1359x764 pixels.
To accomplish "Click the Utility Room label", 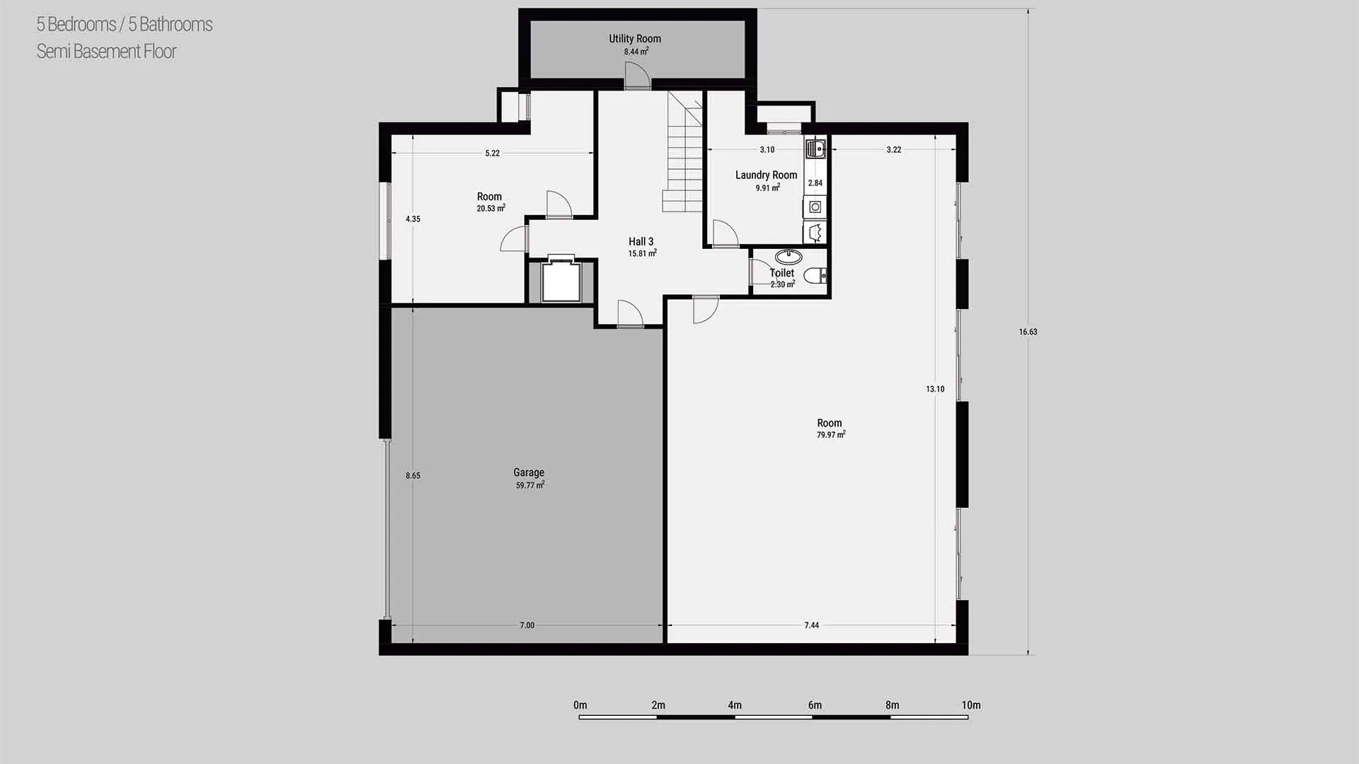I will click(635, 39).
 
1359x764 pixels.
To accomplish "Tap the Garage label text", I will click(529, 473).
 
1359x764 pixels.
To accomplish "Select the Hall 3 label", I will click(641, 242).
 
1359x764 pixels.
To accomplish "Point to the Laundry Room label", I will click(766, 175).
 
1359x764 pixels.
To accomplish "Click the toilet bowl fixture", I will click(816, 275).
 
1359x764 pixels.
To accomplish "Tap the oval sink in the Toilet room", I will click(789, 256).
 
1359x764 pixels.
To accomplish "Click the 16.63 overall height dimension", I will click(1028, 332).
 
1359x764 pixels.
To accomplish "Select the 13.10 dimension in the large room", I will click(935, 389).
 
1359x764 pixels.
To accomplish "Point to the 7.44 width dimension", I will click(811, 625).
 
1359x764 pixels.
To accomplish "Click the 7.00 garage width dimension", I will click(527, 625).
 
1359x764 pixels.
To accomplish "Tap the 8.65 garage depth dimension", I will click(413, 476).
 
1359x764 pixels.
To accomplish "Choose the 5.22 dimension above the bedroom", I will click(492, 154).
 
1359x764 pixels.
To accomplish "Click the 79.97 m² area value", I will click(831, 435).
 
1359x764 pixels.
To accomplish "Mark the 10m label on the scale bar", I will click(971, 705).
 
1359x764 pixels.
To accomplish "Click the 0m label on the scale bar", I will click(580, 705).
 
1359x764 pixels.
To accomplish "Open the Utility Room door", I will click(636, 76).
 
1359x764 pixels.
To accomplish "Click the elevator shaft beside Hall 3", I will click(561, 281).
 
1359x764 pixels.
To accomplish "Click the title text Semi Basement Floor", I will click(106, 52).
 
